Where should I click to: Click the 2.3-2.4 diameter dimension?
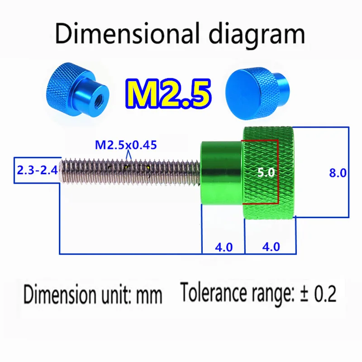[37, 171]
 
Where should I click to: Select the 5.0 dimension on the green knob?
[265, 172]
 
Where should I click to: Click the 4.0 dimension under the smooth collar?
[223, 247]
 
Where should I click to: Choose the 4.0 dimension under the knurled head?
[271, 247]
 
